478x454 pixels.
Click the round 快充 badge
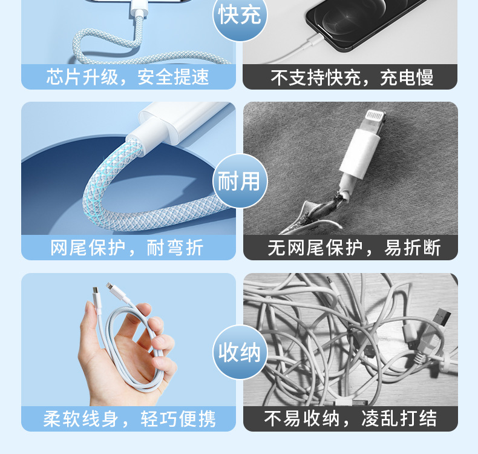click(x=240, y=16)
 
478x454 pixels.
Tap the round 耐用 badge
click(x=240, y=181)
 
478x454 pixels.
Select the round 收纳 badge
click(x=240, y=352)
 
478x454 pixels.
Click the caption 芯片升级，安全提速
click(x=128, y=77)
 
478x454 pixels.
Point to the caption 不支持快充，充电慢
click(x=352, y=77)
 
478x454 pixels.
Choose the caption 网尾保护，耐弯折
click(x=128, y=248)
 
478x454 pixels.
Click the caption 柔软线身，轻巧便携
click(x=129, y=419)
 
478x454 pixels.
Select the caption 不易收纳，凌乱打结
click(x=350, y=419)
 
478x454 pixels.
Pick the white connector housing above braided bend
click(x=175, y=124)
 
